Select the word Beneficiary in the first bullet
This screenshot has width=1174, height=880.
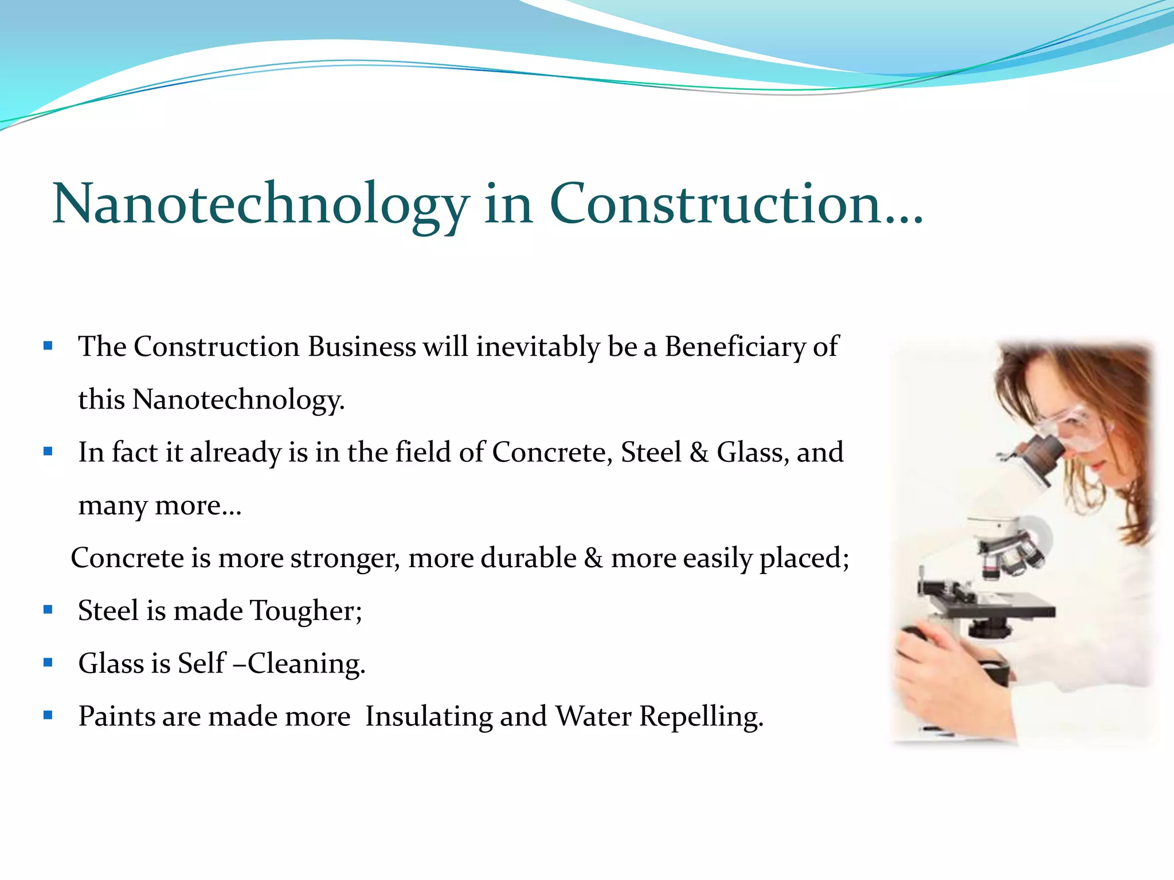click(734, 347)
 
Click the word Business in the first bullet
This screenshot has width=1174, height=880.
click(362, 347)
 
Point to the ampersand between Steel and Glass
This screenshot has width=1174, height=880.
click(699, 453)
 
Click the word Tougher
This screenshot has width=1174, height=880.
click(306, 611)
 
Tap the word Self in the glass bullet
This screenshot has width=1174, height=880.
click(201, 663)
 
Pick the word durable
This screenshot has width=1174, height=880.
click(528, 558)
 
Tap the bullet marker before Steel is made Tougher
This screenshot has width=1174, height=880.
click(48, 610)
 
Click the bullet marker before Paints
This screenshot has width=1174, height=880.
click(48, 715)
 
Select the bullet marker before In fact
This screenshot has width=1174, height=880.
click(48, 451)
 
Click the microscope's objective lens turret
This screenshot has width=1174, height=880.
click(1012, 553)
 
